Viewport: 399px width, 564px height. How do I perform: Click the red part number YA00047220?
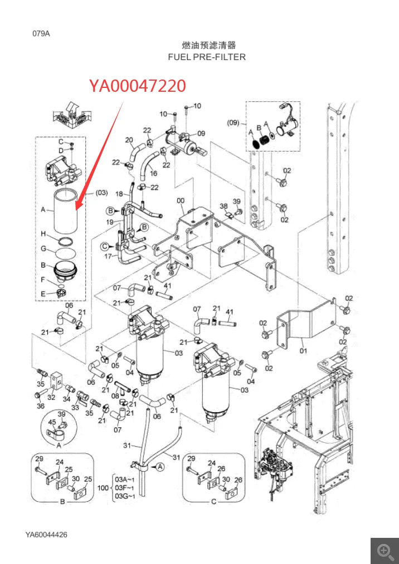(137, 86)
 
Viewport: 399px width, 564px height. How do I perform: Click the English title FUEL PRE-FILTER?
(207, 57)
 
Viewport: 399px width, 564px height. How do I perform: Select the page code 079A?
(41, 33)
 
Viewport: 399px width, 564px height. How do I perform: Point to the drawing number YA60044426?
(46, 535)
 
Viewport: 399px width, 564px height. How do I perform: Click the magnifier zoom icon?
(385, 551)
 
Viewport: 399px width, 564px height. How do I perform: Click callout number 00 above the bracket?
(180, 201)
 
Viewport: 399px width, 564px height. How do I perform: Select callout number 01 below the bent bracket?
(303, 350)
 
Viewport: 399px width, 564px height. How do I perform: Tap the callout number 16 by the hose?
(153, 174)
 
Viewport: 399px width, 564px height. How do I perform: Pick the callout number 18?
(119, 194)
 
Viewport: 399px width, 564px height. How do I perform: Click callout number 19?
(111, 222)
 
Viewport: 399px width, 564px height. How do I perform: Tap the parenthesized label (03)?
(101, 192)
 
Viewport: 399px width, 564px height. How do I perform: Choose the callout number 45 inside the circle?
(52, 423)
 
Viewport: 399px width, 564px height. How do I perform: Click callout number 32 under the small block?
(51, 397)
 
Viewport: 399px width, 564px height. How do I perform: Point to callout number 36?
(40, 406)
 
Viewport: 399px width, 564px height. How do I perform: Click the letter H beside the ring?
(43, 233)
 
